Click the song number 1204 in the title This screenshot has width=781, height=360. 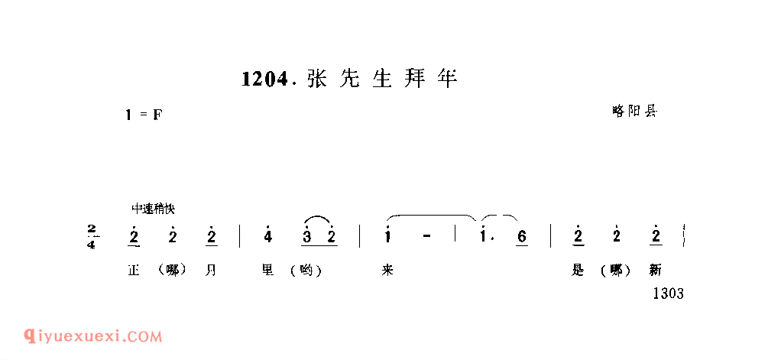[x=264, y=79]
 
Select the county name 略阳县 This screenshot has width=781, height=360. [x=634, y=111]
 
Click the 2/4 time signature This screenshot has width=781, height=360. [x=92, y=236]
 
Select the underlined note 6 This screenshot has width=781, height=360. [x=522, y=237]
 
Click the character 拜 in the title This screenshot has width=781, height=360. [x=413, y=79]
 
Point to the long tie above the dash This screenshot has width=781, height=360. [x=432, y=217]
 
